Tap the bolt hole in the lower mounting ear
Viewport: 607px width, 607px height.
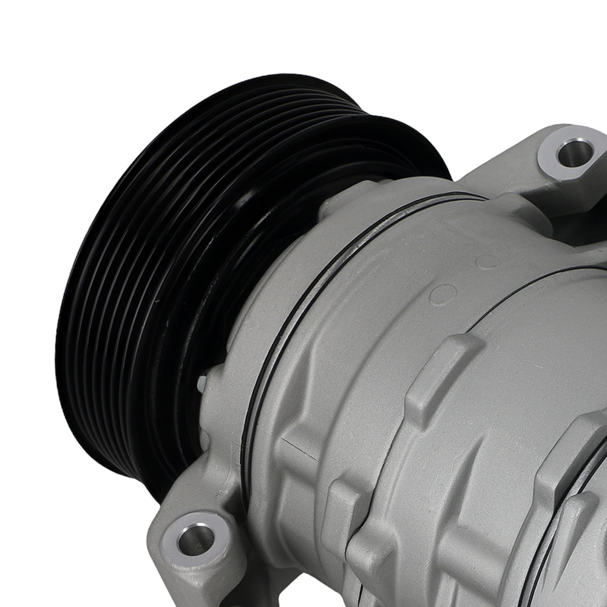(x=195, y=537)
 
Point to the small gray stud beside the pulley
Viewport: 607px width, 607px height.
(x=202, y=383)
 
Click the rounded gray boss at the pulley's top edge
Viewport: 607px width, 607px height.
(x=334, y=200)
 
